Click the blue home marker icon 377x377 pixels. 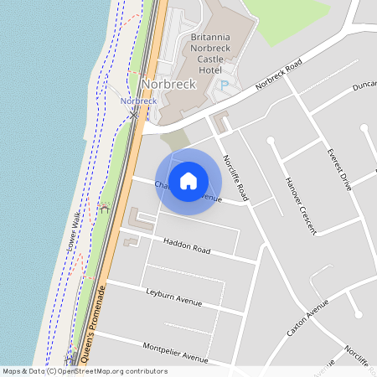pos(188,180)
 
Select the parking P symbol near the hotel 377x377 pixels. pos(224,85)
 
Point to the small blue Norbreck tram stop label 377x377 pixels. pos(138,101)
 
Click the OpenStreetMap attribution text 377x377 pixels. pos(85,370)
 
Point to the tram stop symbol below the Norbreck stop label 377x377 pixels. pos(134,114)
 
